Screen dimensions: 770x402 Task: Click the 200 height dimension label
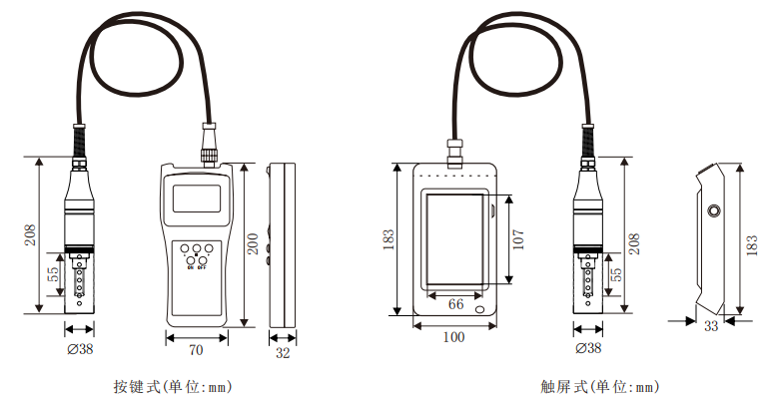pyautogui.click(x=253, y=243)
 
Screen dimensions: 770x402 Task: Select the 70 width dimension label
pyautogui.click(x=196, y=350)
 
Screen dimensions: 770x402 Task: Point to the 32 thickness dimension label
pyautogui.click(x=283, y=352)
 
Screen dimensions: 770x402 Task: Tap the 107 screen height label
pyautogui.click(x=518, y=239)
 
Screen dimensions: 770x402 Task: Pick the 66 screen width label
pyautogui.click(x=455, y=304)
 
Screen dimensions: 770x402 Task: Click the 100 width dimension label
pyautogui.click(x=453, y=337)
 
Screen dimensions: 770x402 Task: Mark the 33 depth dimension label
pyautogui.click(x=711, y=326)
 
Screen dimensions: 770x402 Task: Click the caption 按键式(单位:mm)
pyautogui.click(x=173, y=387)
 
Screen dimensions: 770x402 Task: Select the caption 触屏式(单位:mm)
pyautogui.click(x=599, y=387)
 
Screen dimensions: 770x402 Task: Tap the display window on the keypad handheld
pyautogui.click(x=197, y=199)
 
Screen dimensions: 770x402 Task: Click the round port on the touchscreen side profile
pyautogui.click(x=713, y=211)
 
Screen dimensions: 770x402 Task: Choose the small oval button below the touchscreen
pyautogui.click(x=479, y=309)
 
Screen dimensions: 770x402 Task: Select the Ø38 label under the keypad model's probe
pyautogui.click(x=80, y=349)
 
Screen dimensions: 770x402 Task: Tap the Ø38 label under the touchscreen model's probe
pyautogui.click(x=588, y=348)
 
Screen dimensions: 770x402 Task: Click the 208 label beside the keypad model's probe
pyautogui.click(x=30, y=234)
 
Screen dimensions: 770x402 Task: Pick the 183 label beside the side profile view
pyautogui.click(x=752, y=245)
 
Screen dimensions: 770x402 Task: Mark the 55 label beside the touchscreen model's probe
pyautogui.click(x=617, y=274)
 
